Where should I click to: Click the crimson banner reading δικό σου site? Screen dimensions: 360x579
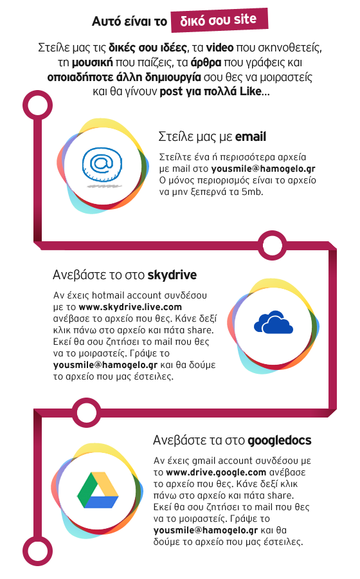tap(220, 20)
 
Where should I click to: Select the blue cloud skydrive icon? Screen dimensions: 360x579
tap(273, 322)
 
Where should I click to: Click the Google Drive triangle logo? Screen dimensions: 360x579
tap(98, 490)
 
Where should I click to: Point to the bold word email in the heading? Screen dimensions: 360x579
tap(251, 136)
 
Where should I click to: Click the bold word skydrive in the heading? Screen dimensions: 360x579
tap(172, 275)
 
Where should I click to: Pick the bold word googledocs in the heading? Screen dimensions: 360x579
tap(280, 441)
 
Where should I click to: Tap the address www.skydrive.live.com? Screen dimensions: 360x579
tap(130, 307)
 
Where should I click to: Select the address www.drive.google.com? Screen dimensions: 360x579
tap(216, 472)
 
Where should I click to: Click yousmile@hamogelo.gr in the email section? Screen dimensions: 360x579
tap(263, 169)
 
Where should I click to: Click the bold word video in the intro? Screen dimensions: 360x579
tap(219, 48)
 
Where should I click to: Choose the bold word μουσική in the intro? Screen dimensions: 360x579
tap(92, 63)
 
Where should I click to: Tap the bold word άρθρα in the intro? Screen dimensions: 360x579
tap(206, 62)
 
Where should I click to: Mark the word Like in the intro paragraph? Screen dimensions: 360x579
tap(251, 91)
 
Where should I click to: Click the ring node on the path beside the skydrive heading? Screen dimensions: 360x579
tap(272, 245)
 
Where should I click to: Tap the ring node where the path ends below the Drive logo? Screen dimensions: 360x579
tap(38, 551)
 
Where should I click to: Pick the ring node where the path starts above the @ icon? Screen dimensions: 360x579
tap(38, 106)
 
